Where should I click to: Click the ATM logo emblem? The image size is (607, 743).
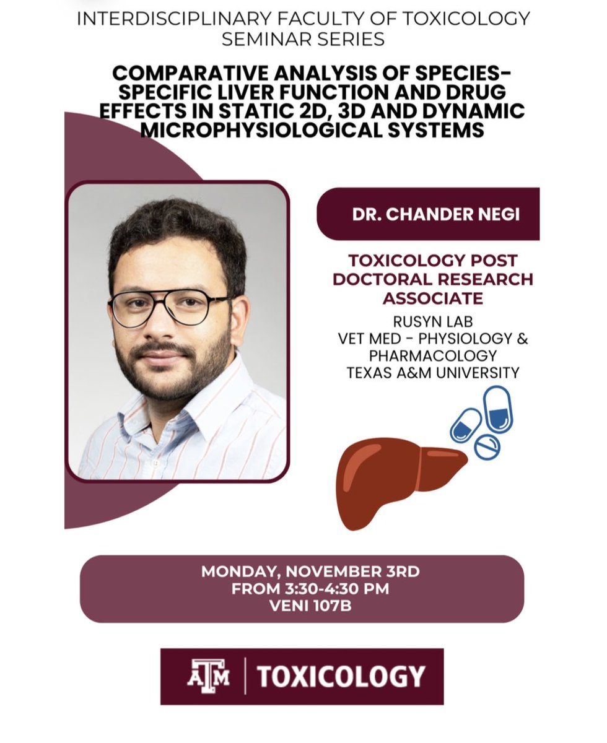tap(208, 676)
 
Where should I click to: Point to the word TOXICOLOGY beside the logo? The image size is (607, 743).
tap(341, 676)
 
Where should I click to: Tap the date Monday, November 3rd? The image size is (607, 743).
tap(310, 571)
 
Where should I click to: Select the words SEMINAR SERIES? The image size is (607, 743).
tap(303, 39)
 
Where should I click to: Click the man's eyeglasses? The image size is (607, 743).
tap(168, 307)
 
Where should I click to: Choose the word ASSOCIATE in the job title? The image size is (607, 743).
tap(433, 297)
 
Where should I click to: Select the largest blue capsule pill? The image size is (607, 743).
tap(497, 409)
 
